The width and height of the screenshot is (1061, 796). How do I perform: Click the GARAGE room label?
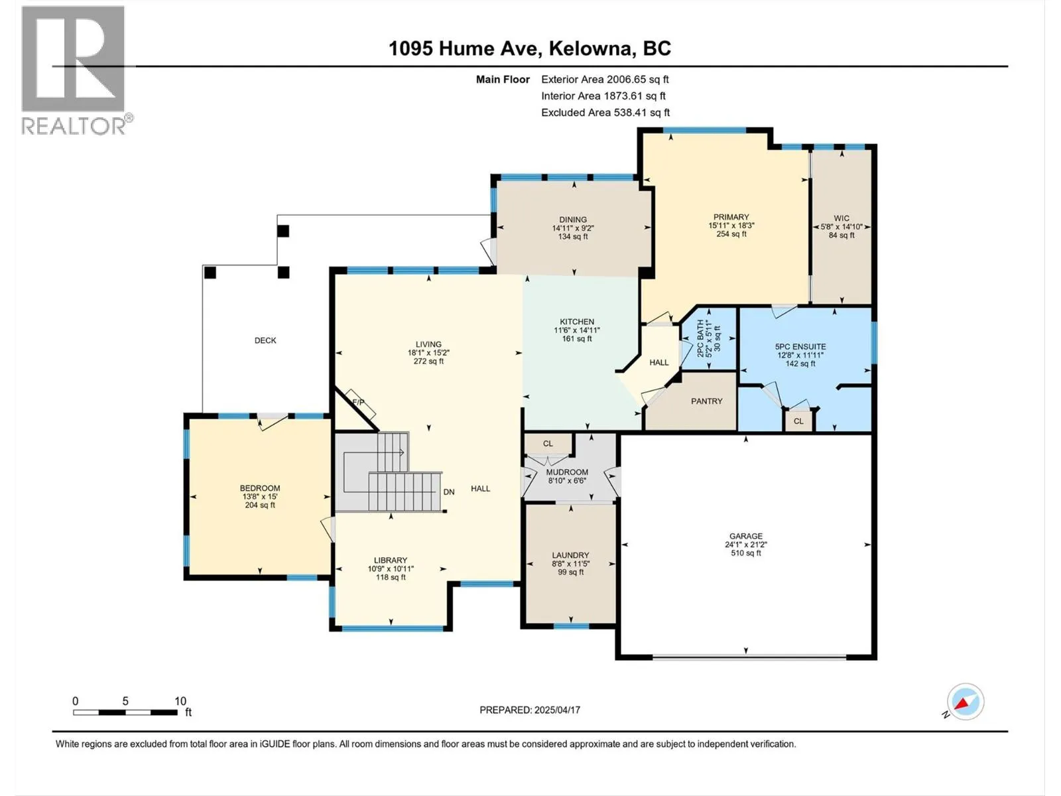(x=746, y=535)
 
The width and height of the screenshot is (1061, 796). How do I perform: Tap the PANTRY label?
(x=706, y=401)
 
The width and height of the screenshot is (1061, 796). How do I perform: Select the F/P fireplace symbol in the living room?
(x=361, y=403)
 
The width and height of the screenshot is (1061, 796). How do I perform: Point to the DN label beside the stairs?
(x=449, y=492)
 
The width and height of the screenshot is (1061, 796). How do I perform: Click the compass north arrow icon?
(x=966, y=702)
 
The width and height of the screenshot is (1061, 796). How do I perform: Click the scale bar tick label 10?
(x=180, y=701)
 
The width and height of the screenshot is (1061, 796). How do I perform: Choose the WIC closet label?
(x=842, y=218)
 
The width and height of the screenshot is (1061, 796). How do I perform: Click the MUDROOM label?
(x=567, y=472)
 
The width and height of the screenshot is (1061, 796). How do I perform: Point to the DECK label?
(x=265, y=340)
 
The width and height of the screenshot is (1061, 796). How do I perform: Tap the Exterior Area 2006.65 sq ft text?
(x=605, y=79)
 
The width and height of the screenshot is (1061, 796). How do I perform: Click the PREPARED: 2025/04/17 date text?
(x=530, y=710)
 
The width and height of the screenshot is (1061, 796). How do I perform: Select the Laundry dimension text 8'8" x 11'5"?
(x=571, y=564)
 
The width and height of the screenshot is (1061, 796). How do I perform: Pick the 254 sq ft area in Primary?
(x=731, y=234)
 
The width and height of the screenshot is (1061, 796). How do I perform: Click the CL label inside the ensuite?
(x=798, y=421)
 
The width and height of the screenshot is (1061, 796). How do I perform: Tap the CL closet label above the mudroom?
(x=548, y=444)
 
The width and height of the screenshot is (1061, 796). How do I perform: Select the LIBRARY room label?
(x=391, y=560)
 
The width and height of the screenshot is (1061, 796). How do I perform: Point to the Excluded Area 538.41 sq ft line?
(x=605, y=113)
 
